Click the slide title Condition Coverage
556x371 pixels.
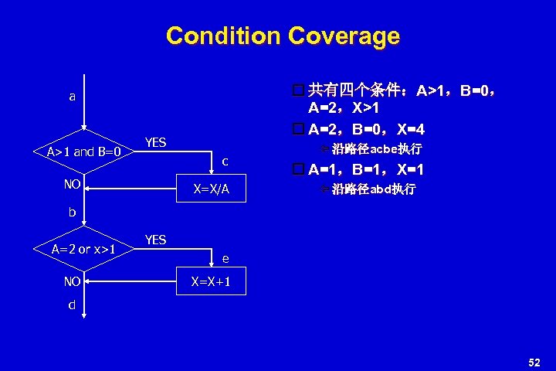(283, 36)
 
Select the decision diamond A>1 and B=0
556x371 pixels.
(84, 151)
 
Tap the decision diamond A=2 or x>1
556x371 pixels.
(84, 249)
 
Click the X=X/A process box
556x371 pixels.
(211, 189)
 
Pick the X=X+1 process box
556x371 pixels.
(211, 282)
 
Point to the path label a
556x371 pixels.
(73, 97)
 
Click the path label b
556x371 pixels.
(72, 210)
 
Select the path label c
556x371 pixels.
(225, 161)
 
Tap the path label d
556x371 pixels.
(72, 305)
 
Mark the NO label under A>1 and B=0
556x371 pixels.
(73, 185)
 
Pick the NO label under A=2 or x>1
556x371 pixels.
(73, 281)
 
